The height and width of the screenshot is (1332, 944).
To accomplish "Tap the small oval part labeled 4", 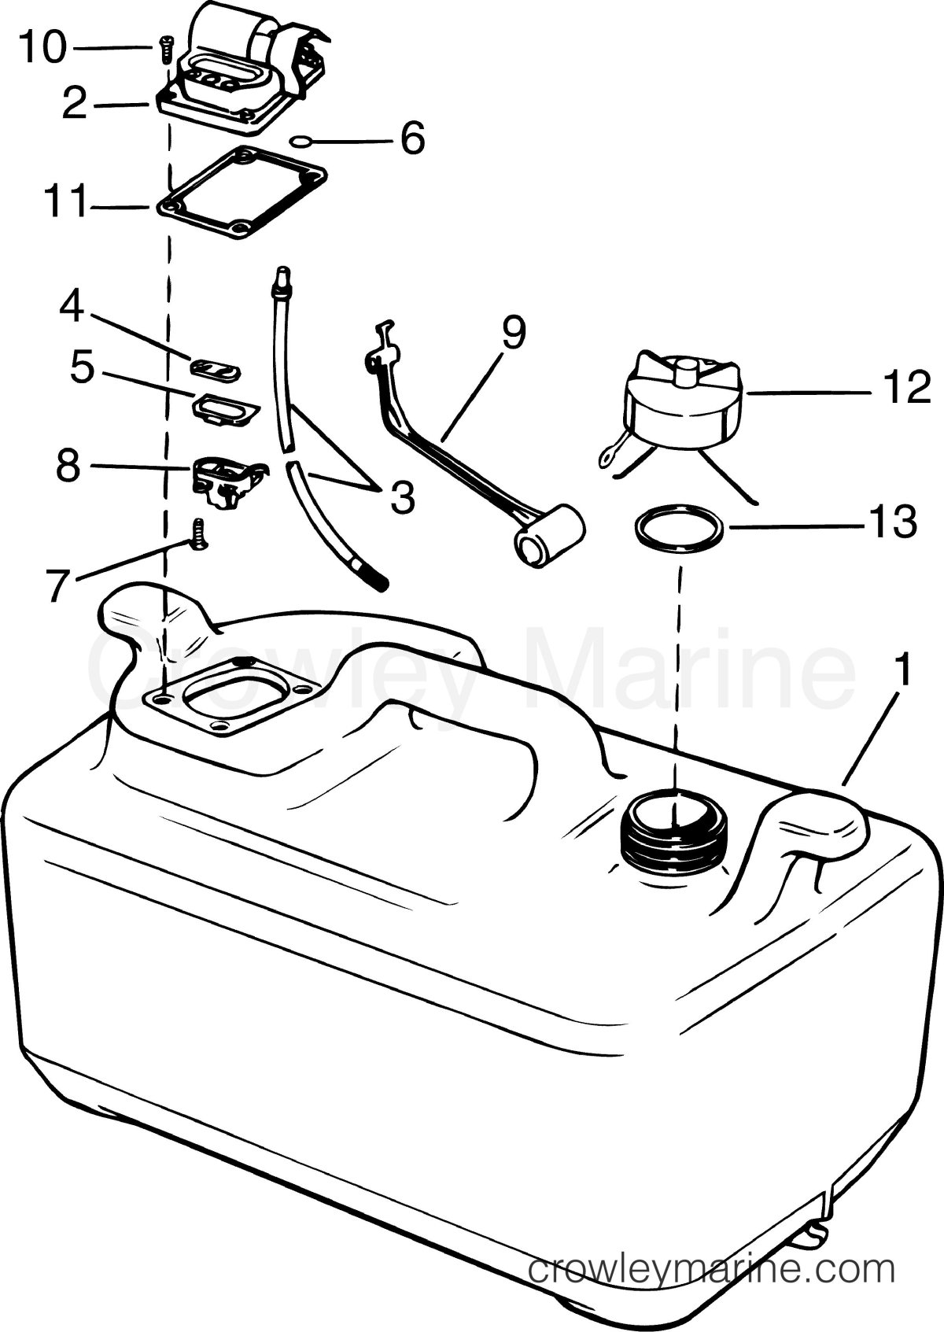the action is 216,369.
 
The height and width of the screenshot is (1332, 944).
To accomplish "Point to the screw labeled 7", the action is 198,534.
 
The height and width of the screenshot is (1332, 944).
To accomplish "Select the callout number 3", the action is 403,497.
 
